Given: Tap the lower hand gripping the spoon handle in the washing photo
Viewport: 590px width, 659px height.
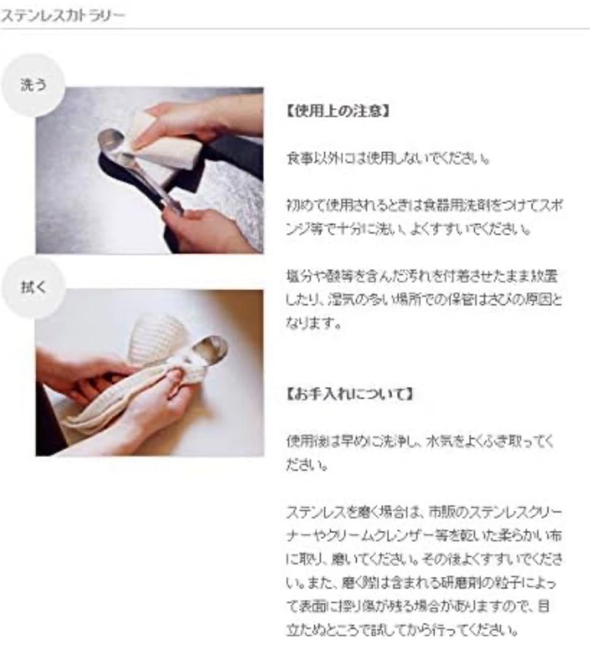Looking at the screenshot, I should [x=205, y=229].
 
